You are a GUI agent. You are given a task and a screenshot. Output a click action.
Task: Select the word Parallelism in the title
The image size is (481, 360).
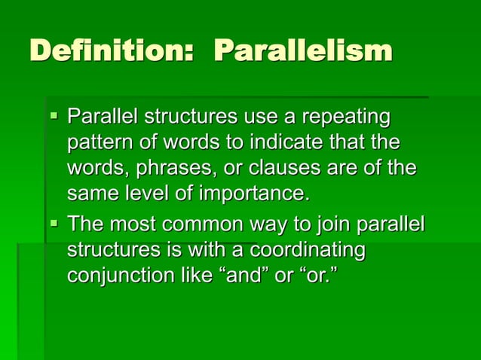[x=303, y=51]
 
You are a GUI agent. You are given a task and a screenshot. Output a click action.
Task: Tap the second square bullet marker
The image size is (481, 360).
[x=53, y=224]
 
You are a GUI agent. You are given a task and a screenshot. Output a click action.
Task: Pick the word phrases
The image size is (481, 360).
[x=172, y=169]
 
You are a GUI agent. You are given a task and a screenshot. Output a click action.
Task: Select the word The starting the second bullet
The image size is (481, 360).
[x=86, y=224]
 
